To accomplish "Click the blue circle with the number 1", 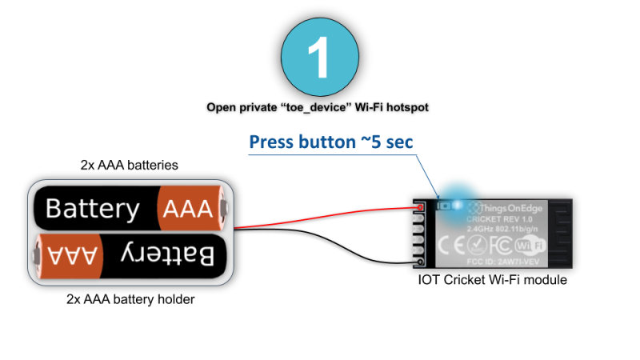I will pos(319,57).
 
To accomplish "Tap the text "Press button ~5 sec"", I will pos(330,142).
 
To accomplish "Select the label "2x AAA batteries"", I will pos(129,166).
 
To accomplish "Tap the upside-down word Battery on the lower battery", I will pos(168,255).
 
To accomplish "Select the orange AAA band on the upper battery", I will pos(189,209).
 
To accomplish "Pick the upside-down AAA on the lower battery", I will pos(74,256).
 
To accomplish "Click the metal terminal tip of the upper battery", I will pos(227,210).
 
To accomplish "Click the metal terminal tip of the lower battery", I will pos(34,255).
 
